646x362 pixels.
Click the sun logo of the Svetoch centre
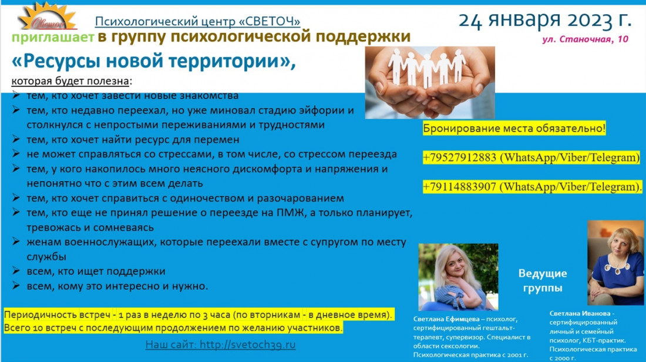(47, 16)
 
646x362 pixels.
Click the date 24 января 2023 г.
(544, 20)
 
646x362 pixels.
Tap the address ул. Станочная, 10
(585, 39)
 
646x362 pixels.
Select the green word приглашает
(53, 38)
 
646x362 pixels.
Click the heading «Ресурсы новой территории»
(153, 61)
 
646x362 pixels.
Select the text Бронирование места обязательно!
(514, 128)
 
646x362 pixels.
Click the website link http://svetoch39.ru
(248, 344)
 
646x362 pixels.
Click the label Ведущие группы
(543, 280)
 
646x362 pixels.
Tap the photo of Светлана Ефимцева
(458, 277)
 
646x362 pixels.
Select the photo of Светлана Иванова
(615, 263)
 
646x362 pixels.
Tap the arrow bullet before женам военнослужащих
(16, 242)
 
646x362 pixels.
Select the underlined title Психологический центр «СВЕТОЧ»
(197, 21)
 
